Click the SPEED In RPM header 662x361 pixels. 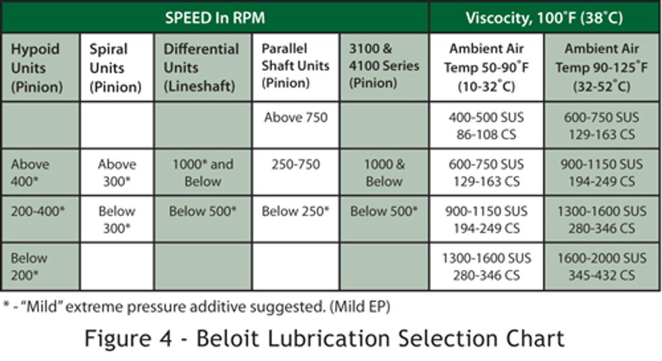pos(215,18)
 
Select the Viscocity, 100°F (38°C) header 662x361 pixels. pos(544,18)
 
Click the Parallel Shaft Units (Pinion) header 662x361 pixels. pos(295,66)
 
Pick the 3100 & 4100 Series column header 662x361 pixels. pos(384,66)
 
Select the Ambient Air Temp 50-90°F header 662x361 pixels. pos(486,67)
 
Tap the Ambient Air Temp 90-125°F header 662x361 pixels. pos(602,67)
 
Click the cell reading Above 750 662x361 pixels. pos(295,117)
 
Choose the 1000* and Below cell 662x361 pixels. pos(203,172)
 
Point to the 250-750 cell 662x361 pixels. pos(295,164)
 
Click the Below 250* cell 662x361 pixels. pos(295,211)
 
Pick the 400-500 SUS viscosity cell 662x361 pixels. pos(486,126)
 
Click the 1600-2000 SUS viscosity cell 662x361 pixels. pos(602,267)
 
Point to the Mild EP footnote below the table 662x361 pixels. pos(197,306)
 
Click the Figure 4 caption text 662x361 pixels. pos(324,337)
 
